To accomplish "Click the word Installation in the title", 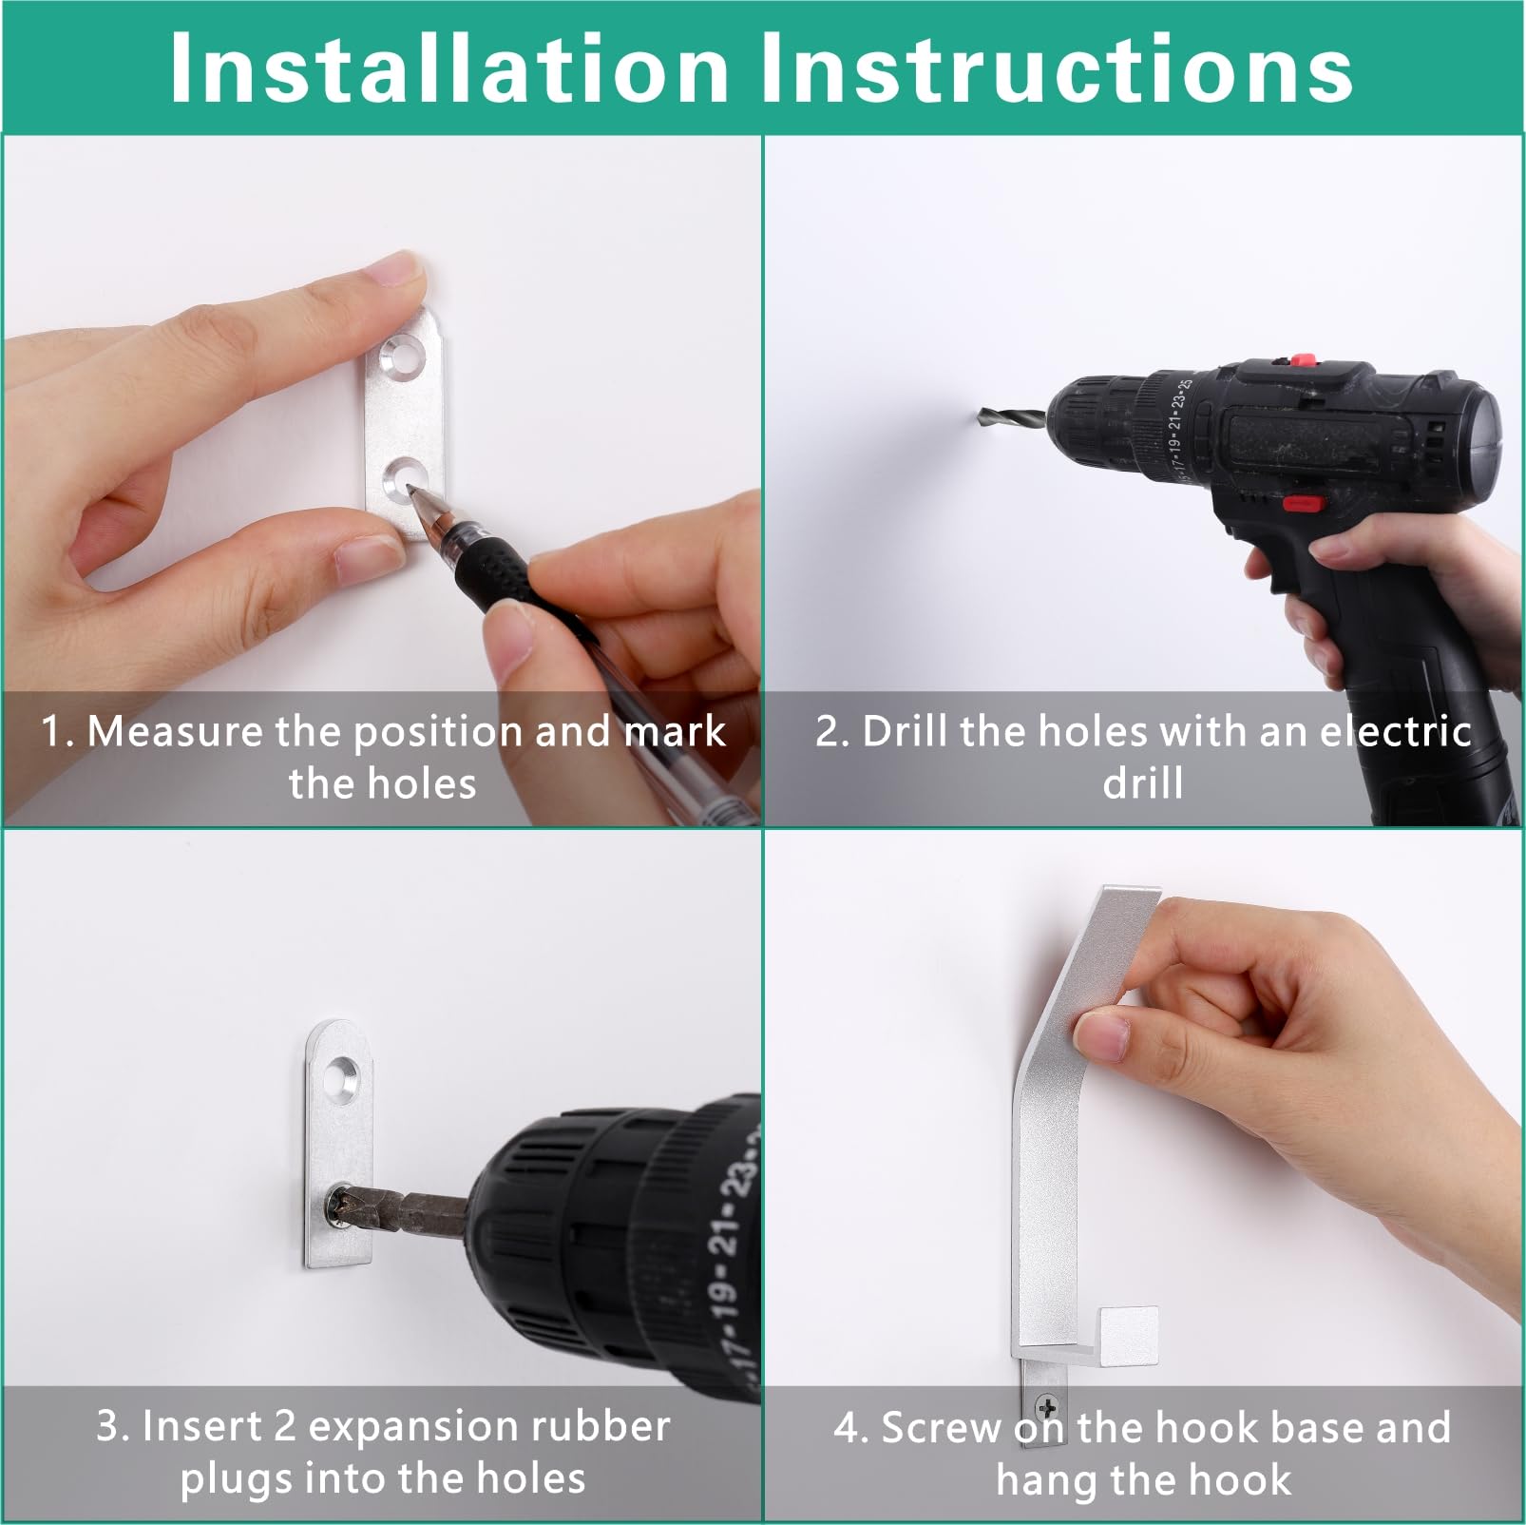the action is point(448,68).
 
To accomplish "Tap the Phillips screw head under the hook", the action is point(1047,1408).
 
